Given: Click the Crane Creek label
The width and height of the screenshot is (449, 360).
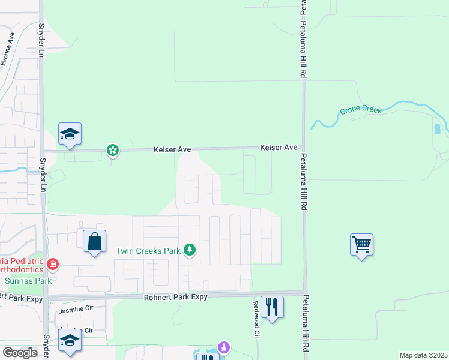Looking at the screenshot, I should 361,110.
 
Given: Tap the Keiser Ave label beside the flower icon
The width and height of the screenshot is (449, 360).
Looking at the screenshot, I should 172,148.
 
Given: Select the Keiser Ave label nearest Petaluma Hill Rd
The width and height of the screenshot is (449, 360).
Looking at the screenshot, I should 279,147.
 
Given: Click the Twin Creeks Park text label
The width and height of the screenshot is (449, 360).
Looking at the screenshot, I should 148,251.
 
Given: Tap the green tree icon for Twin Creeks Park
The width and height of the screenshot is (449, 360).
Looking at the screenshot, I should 190,250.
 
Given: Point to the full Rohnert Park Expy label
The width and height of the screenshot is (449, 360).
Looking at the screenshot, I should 175,297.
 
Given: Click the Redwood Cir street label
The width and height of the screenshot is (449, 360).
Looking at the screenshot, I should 256,326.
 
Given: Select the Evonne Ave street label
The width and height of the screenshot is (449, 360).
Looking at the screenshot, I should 7,49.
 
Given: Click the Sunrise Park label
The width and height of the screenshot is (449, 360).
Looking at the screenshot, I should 28,280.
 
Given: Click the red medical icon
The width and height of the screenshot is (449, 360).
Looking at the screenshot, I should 53,263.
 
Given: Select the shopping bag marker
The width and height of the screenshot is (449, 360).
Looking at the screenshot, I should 94,242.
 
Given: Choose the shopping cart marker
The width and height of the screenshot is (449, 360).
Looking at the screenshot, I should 361,245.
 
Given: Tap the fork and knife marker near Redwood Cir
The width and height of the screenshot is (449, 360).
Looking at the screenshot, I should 272,307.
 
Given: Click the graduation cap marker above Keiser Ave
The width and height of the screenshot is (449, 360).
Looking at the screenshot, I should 70,135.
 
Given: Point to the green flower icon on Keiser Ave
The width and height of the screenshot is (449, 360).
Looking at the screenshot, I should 112,150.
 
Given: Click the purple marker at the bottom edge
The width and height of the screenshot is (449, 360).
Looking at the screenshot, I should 224,347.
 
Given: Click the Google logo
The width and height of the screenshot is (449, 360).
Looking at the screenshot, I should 20,353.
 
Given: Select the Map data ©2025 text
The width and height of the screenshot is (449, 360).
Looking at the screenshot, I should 423,355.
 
